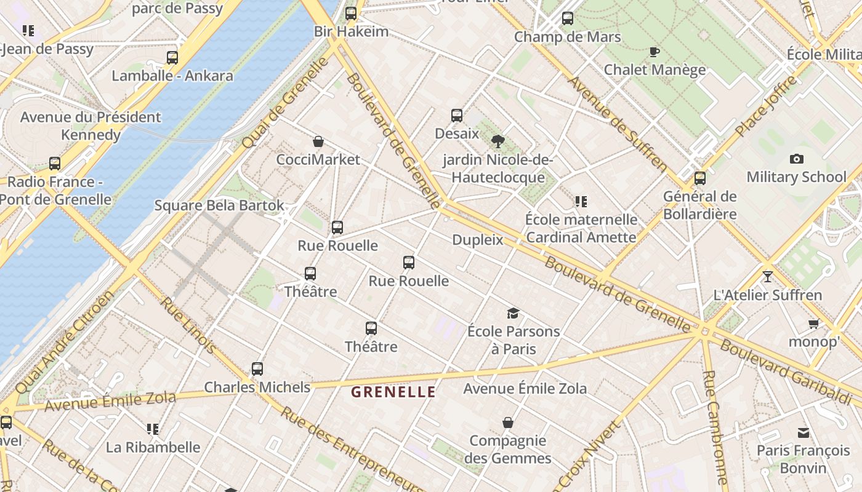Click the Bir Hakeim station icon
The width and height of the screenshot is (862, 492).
(351, 13)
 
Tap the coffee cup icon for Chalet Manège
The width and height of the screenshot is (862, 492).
(655, 52)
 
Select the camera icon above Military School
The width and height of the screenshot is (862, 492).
(796, 159)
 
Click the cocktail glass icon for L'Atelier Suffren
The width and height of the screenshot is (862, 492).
(767, 277)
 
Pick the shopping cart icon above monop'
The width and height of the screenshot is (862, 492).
(813, 323)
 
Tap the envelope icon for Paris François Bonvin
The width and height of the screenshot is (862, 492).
(804, 432)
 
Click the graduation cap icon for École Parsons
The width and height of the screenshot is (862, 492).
(513, 314)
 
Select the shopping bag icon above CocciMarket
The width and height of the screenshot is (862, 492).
(318, 142)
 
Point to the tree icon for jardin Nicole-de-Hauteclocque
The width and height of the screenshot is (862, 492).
(498, 142)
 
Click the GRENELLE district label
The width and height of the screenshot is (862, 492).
(393, 392)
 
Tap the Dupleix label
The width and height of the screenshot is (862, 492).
(478, 240)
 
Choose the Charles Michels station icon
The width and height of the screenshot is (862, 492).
(257, 369)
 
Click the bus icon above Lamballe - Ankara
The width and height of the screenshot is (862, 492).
(172, 58)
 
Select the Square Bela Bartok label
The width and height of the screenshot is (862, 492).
(219, 205)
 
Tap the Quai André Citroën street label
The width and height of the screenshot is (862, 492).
(65, 342)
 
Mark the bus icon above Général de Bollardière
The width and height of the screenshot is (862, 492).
(700, 178)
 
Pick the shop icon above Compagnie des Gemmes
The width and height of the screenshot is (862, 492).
(508, 423)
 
